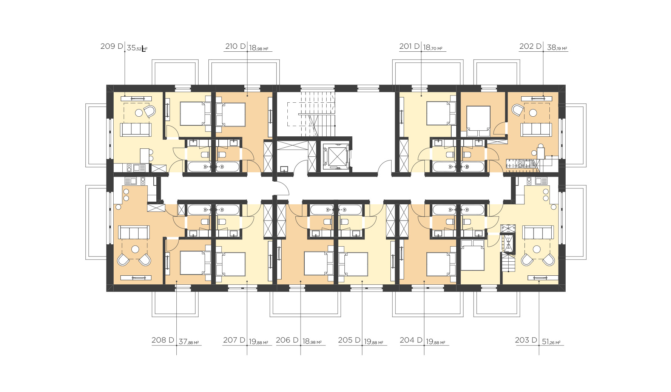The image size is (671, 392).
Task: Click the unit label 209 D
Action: [x=112, y=46]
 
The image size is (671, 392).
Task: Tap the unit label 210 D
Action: [x=236, y=46]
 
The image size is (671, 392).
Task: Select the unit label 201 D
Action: [x=409, y=46]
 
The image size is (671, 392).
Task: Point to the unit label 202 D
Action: [x=530, y=46]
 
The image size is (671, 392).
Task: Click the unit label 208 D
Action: [x=163, y=340]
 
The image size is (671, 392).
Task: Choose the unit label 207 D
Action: [x=234, y=340]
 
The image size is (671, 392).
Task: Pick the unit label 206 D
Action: [x=287, y=340]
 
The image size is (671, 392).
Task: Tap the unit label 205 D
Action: [x=349, y=340]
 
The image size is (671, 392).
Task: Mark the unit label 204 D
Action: [x=411, y=340]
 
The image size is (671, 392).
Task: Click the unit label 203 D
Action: [x=526, y=340]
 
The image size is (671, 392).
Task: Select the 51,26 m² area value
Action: [x=551, y=342]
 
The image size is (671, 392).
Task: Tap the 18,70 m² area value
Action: [x=433, y=48]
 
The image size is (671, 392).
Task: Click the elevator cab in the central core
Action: [x=336, y=156]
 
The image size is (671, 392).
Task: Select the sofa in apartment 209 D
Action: [x=136, y=129]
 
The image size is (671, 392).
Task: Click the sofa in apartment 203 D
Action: [x=538, y=232]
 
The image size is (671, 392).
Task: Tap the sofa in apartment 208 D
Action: [x=134, y=232]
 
